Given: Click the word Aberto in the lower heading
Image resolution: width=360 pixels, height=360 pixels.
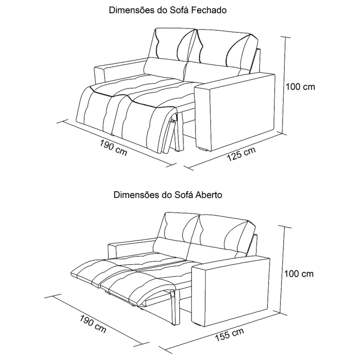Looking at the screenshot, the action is (x=209, y=195).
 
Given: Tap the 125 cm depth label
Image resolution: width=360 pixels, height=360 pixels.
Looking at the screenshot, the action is (x=241, y=154).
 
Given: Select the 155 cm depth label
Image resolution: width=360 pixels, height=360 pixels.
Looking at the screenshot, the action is (x=229, y=335).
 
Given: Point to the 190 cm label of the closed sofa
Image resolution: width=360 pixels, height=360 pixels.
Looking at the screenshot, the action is (x=113, y=148).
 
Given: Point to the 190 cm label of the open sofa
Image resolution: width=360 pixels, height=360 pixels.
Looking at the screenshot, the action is (x=93, y=324).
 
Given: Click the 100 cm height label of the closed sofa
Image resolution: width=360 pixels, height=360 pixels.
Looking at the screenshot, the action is (x=300, y=87).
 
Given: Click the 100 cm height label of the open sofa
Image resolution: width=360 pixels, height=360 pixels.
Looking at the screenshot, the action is (x=299, y=274).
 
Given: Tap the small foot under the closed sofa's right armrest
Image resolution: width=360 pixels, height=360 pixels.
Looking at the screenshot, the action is (x=203, y=149).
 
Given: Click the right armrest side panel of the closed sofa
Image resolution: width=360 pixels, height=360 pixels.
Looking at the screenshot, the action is (x=243, y=112).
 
